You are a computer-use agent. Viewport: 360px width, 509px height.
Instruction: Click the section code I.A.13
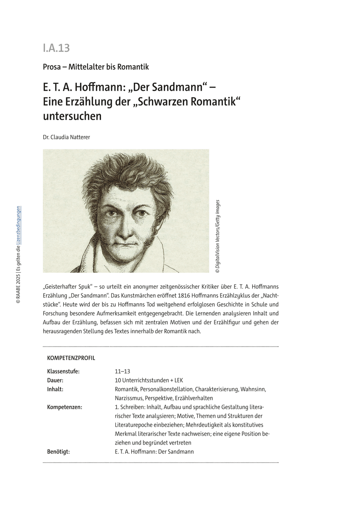pyautogui.click(x=56, y=48)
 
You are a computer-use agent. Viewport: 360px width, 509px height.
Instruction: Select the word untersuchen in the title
pyautogui.click(x=72, y=116)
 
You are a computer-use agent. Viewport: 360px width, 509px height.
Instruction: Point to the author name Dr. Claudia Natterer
pyautogui.click(x=66, y=137)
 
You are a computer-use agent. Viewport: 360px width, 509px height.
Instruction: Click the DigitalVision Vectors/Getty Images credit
pyautogui.click(x=217, y=236)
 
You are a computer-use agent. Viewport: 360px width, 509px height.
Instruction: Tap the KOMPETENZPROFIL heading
pyautogui.click(x=71, y=358)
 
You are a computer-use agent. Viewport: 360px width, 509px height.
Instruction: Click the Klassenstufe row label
pyautogui.click(x=63, y=372)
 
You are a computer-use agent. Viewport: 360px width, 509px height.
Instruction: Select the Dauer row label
pyautogui.click(x=55, y=380)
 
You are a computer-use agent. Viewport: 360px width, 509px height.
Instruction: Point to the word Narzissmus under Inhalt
pyautogui.click(x=129, y=398)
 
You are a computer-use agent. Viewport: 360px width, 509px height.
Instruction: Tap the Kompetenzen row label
pyautogui.click(x=65, y=407)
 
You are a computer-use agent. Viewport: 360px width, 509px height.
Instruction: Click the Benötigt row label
pyautogui.click(x=58, y=452)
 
